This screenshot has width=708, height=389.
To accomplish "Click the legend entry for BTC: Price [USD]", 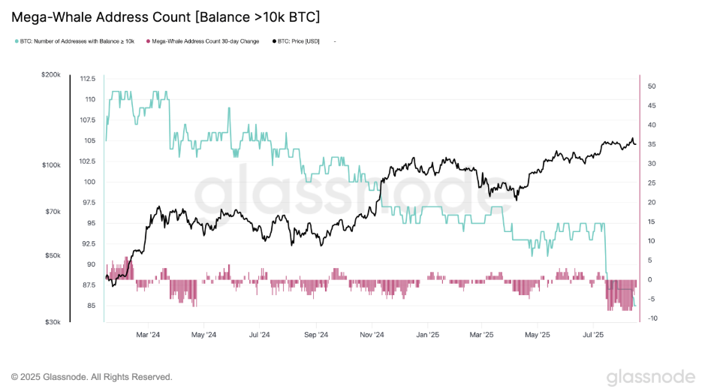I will coord(298,41).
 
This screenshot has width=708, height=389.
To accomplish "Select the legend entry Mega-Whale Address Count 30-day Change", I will coord(205,41).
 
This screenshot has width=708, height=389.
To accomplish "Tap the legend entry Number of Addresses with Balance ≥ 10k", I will coord(77,41).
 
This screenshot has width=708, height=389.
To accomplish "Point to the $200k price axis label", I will coord(50,75).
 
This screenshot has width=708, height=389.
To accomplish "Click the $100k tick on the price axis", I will coord(50,164).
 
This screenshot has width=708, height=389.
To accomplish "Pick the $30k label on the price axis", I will coord(52,322).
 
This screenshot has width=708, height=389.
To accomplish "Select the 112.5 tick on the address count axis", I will coord(87,79).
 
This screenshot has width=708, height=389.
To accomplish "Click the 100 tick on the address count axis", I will coord(90,182).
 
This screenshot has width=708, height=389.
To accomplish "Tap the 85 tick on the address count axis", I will coord(92,306).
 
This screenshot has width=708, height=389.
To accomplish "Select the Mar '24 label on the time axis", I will coord(149,334).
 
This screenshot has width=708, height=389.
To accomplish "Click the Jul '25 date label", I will coord(593,334).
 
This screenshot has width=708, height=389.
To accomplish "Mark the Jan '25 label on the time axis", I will coord(427,334).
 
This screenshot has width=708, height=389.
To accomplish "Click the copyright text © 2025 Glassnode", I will coord(92,376).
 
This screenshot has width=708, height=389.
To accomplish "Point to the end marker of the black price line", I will coord(634,144).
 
